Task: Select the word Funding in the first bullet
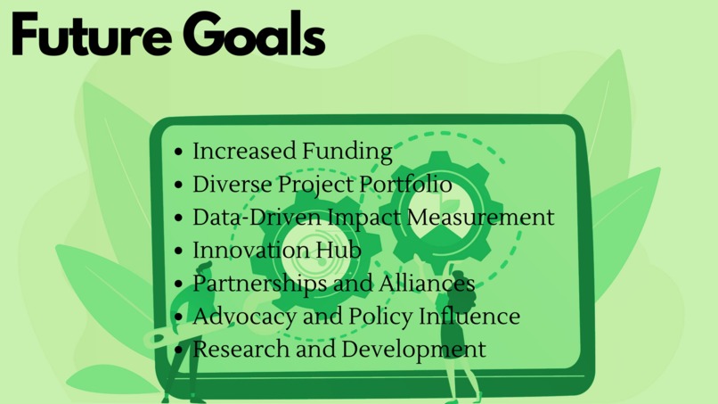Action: (x=347, y=152)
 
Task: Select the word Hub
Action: (x=340, y=250)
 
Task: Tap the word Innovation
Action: (x=251, y=250)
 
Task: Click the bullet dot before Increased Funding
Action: (x=180, y=153)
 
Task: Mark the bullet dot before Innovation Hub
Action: (x=180, y=251)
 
